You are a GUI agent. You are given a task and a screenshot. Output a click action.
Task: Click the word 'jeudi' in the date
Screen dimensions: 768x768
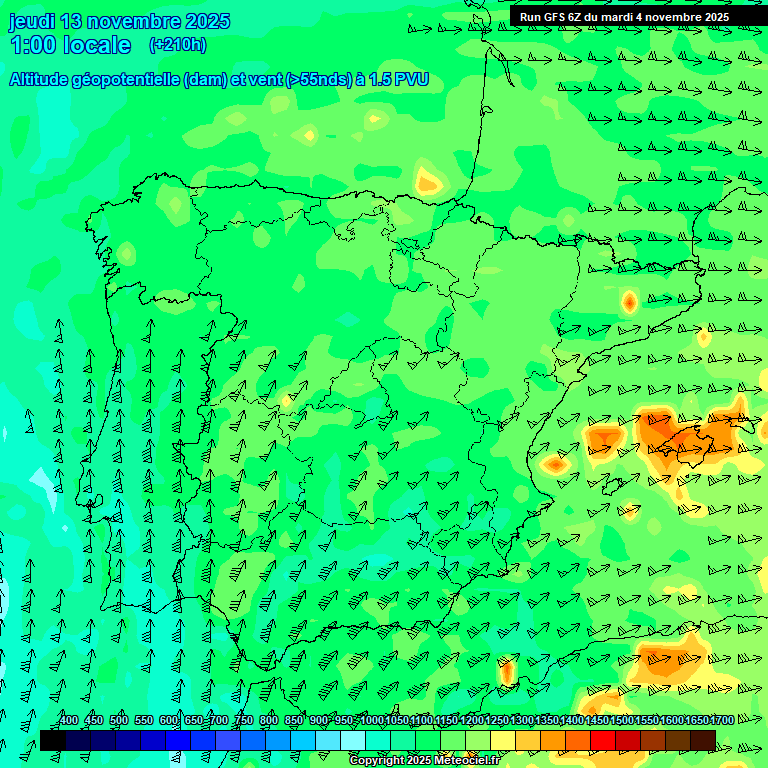(31, 21)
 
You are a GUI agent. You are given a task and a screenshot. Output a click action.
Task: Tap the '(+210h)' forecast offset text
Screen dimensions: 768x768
(177, 44)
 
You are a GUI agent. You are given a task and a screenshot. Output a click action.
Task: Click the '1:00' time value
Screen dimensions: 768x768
(31, 45)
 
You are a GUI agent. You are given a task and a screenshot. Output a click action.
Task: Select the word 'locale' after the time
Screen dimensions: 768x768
(96, 45)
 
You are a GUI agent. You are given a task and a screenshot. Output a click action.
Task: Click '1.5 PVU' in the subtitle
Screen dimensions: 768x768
(398, 79)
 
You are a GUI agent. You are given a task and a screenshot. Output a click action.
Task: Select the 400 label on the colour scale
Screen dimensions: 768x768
(68, 720)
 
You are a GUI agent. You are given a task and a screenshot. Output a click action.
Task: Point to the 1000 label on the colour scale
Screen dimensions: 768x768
(371, 720)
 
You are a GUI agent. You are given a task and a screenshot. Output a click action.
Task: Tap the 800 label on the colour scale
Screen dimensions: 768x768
(269, 720)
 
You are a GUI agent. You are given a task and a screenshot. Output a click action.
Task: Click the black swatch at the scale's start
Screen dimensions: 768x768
(52, 740)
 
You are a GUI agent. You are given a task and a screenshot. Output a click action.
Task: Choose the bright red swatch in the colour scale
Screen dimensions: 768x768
(603, 740)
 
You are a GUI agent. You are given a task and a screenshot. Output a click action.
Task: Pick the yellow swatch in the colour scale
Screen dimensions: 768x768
(503, 740)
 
